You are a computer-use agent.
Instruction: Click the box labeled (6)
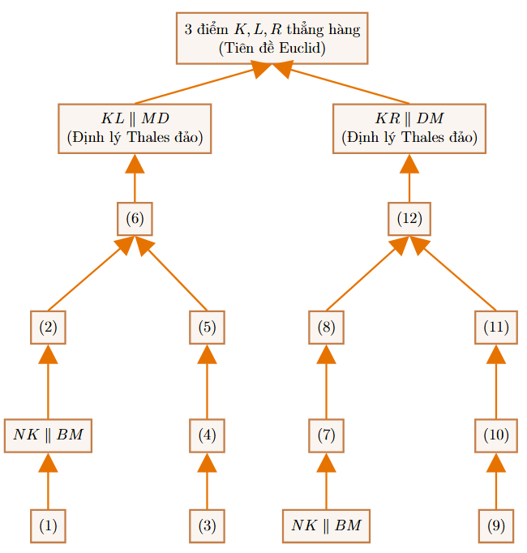[135, 219]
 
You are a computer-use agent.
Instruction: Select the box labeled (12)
[409, 219]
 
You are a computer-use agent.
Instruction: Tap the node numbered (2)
[48, 328]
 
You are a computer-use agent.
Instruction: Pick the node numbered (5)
[207, 328]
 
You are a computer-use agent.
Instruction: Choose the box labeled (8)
[326, 328]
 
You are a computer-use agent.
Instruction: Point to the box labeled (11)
[496, 328]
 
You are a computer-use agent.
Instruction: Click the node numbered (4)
[207, 435]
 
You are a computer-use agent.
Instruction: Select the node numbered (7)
[326, 435]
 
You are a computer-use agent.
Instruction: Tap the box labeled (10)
[496, 435]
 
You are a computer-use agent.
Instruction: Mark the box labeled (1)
[48, 526]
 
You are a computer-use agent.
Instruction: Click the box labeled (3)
[207, 526]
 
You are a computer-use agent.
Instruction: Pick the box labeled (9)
[496, 526]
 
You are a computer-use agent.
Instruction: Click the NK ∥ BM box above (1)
[48, 435]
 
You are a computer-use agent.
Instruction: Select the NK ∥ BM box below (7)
[326, 526]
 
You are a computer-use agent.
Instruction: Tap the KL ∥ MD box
[135, 128]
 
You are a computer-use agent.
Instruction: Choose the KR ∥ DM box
[409, 128]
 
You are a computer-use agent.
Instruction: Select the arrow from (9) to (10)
[496, 481]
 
